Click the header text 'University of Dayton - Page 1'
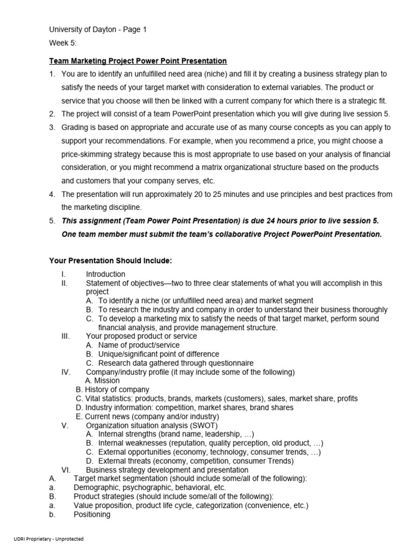point(98,30)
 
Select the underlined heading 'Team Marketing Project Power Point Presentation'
point(138,60)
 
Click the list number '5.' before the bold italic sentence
point(52,221)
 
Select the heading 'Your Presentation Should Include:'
point(111,261)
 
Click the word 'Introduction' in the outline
point(106,274)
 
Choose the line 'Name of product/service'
point(139,345)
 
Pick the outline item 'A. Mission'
point(103,381)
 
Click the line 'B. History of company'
point(112,389)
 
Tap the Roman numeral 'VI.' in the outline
point(66,470)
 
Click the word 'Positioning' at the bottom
point(92,514)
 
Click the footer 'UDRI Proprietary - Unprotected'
point(49,539)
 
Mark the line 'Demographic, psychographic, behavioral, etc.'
point(150,488)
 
